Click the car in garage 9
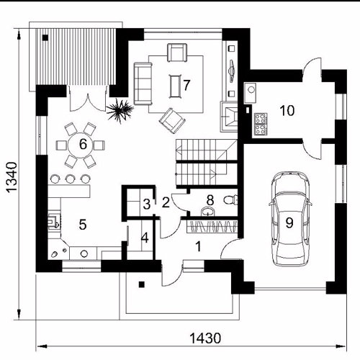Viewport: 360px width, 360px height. coord(290,219)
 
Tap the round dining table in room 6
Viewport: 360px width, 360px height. coord(80,145)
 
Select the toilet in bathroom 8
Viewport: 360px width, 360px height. coord(230,199)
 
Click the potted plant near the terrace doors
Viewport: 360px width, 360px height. coord(120,111)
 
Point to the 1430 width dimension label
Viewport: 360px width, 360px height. coord(205,338)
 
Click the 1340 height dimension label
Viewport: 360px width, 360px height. coord(12,177)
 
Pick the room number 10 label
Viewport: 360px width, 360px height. coord(287,111)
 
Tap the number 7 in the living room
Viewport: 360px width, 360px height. coord(186,85)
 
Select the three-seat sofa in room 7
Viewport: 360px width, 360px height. coord(143,84)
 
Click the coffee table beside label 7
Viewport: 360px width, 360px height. coord(176,86)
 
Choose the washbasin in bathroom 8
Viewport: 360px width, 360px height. coord(207,212)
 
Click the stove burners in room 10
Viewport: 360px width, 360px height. coord(261,125)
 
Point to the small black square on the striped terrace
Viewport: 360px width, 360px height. coord(45,37)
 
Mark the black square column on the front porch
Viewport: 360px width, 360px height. coord(142,284)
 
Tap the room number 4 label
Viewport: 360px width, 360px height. coord(145,238)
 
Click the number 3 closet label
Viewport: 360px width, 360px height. coord(147,204)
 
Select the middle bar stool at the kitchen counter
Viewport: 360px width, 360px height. coord(70,179)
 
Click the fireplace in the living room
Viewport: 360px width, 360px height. coord(229,117)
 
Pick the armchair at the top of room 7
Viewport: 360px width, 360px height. coord(177,53)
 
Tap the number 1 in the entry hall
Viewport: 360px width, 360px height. coord(198,247)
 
